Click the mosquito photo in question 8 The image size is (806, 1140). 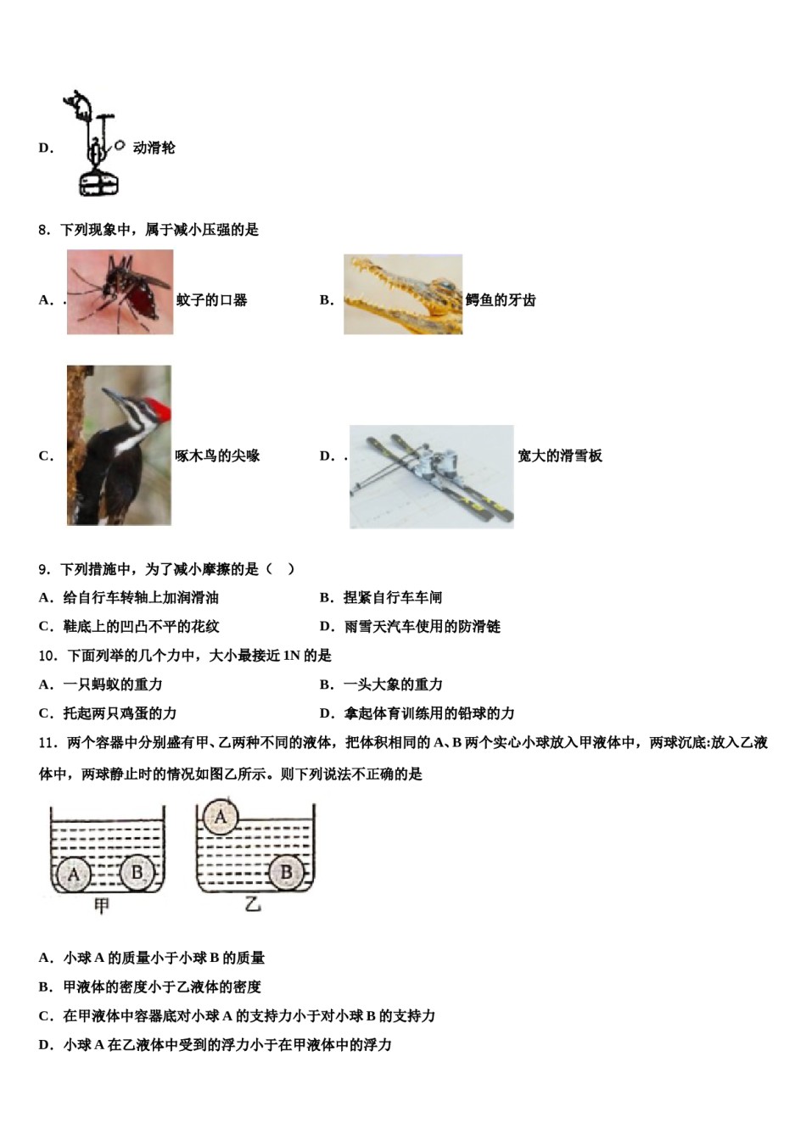[120, 292]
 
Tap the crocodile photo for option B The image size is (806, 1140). [403, 294]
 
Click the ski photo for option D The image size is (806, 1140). [431, 477]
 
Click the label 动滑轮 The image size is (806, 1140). [154, 148]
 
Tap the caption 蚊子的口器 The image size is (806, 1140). [211, 300]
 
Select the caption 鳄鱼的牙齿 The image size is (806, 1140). [501, 300]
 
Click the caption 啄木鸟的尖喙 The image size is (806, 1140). [217, 456]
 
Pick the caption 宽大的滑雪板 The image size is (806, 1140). [560, 456]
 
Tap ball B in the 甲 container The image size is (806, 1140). [137, 871]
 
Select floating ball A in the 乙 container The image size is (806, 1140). [221, 817]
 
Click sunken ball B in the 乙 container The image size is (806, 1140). [286, 872]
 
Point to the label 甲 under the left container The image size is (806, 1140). [102, 906]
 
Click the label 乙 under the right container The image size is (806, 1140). [253, 904]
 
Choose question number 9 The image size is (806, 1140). [44, 570]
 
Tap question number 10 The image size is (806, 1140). [48, 656]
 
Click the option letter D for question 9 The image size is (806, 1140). [326, 627]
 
